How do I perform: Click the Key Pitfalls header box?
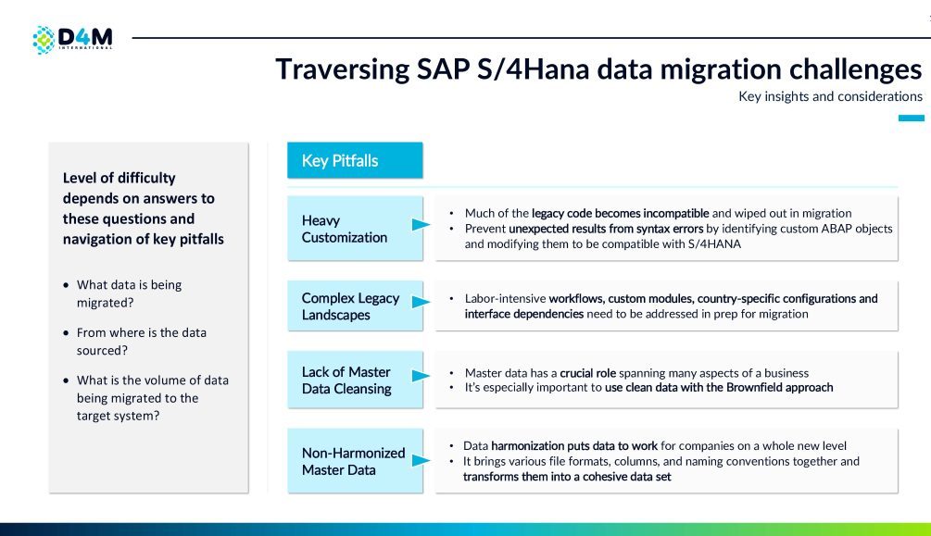(x=355, y=160)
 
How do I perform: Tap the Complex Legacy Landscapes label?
(x=350, y=306)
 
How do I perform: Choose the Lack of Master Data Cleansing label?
(x=346, y=380)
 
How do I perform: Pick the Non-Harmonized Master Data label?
(x=353, y=461)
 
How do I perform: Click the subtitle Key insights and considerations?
(x=830, y=96)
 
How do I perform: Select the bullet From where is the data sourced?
(x=142, y=341)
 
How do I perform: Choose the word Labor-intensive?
(x=505, y=298)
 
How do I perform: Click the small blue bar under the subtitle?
(x=911, y=118)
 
